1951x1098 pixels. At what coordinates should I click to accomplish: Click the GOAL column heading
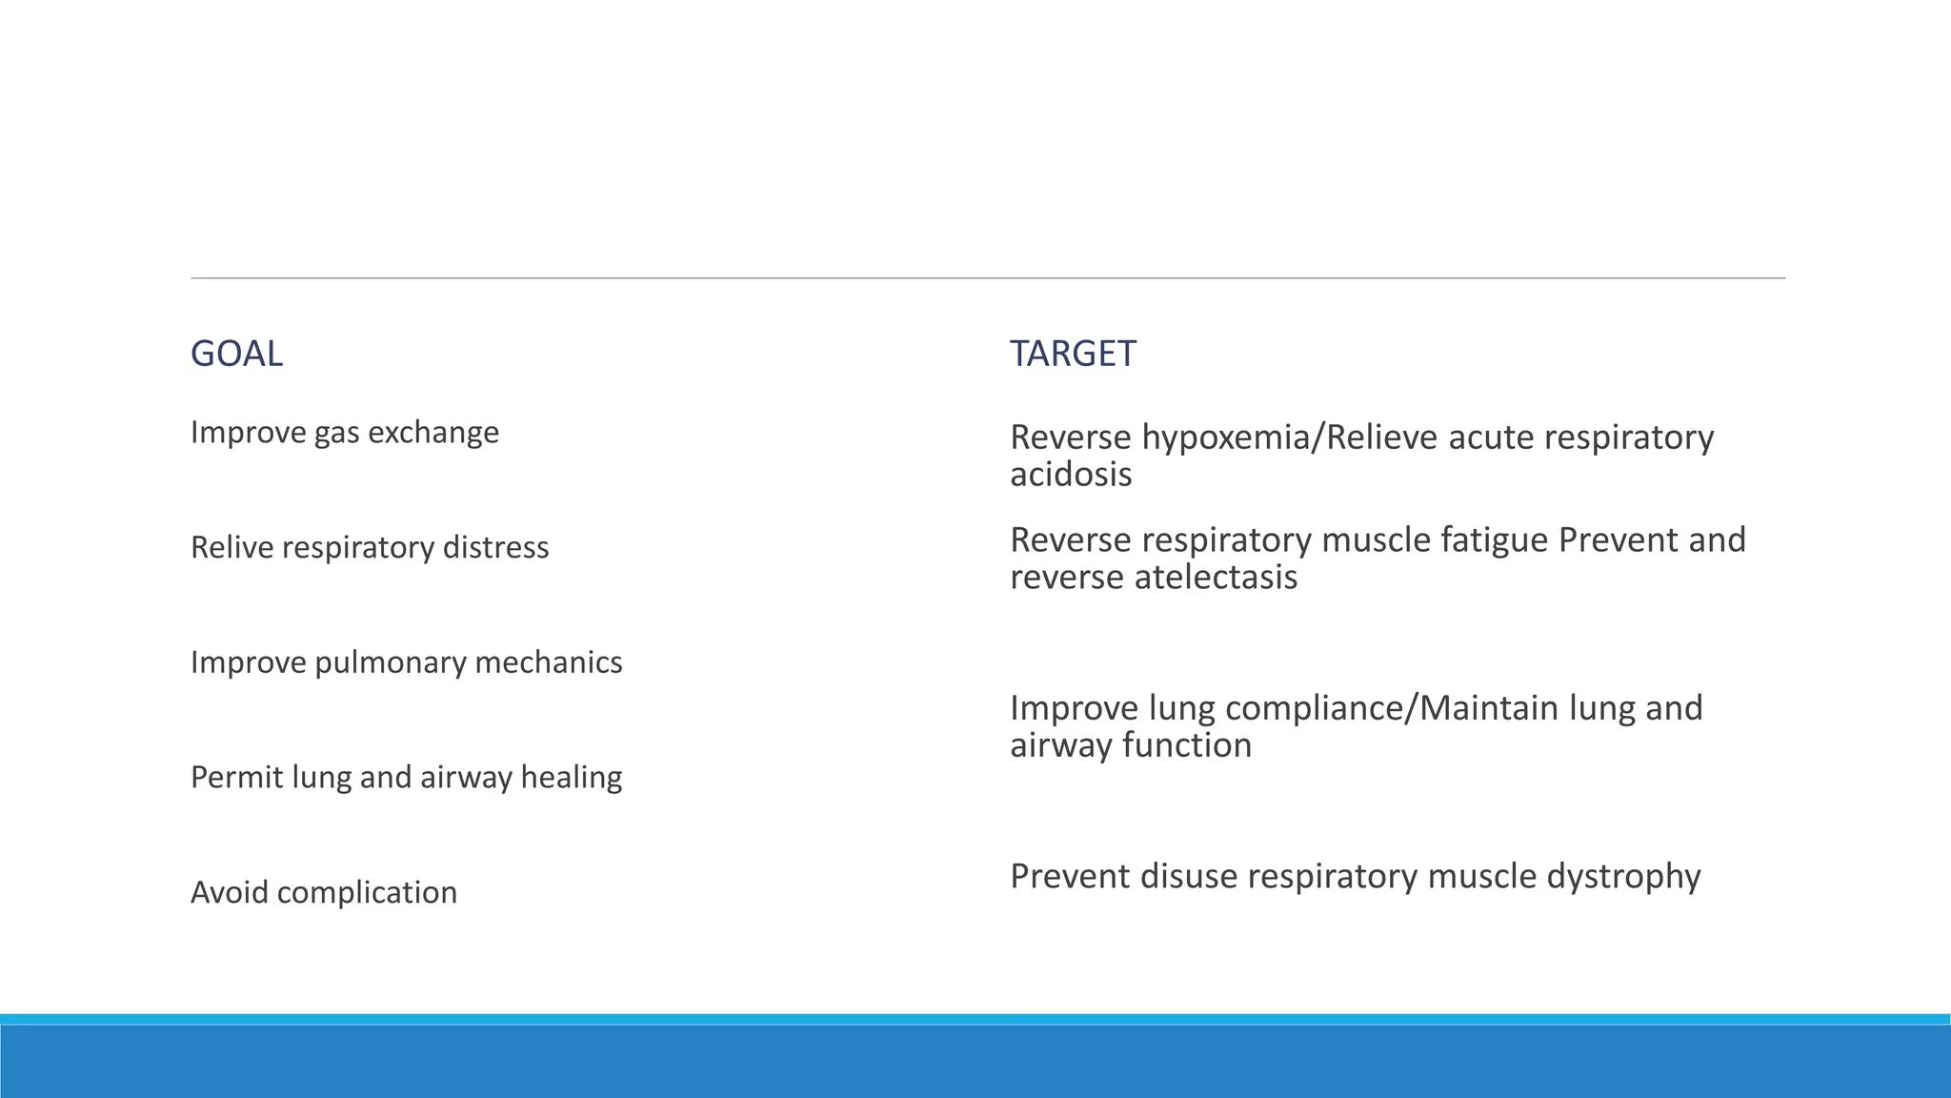click(236, 354)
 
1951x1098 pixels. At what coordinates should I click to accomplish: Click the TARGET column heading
click(1073, 354)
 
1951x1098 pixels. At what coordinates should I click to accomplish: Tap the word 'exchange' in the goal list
click(433, 433)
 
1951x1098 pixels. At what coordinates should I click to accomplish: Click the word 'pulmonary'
click(390, 662)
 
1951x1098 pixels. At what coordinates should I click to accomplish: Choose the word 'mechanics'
click(549, 662)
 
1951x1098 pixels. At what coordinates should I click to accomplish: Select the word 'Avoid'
click(229, 893)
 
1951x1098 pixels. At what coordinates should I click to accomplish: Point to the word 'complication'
click(367, 893)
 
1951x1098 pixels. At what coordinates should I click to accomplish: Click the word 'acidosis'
click(1071, 475)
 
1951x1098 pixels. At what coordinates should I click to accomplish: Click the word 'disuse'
click(1189, 877)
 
